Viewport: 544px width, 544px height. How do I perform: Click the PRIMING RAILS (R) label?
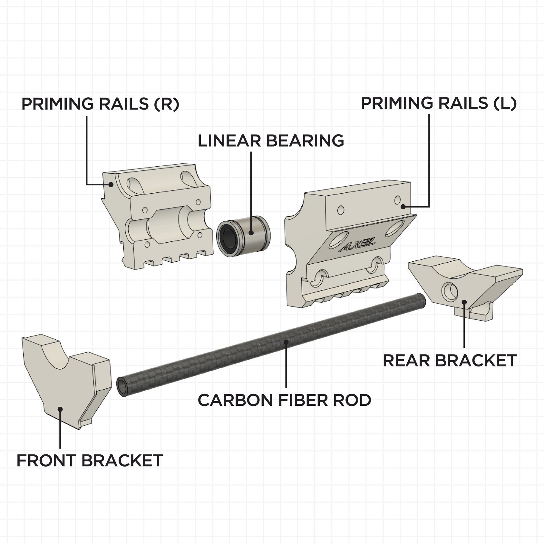[x=100, y=104]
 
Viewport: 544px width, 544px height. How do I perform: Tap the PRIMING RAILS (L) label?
[x=439, y=103]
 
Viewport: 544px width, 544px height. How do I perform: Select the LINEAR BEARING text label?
[x=271, y=141]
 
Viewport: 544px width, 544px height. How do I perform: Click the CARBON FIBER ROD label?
[x=284, y=400]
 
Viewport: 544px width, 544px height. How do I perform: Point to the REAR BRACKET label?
[x=450, y=361]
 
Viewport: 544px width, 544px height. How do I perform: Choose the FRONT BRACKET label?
[x=90, y=461]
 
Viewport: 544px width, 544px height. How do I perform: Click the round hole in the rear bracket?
[x=449, y=290]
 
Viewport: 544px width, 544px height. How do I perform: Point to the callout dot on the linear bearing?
[x=251, y=232]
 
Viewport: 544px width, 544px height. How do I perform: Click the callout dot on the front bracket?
[x=60, y=409]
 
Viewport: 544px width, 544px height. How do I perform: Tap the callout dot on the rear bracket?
[x=464, y=302]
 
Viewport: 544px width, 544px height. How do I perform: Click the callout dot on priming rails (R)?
[x=111, y=184]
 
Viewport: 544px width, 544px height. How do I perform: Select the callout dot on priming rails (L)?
[x=403, y=206]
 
